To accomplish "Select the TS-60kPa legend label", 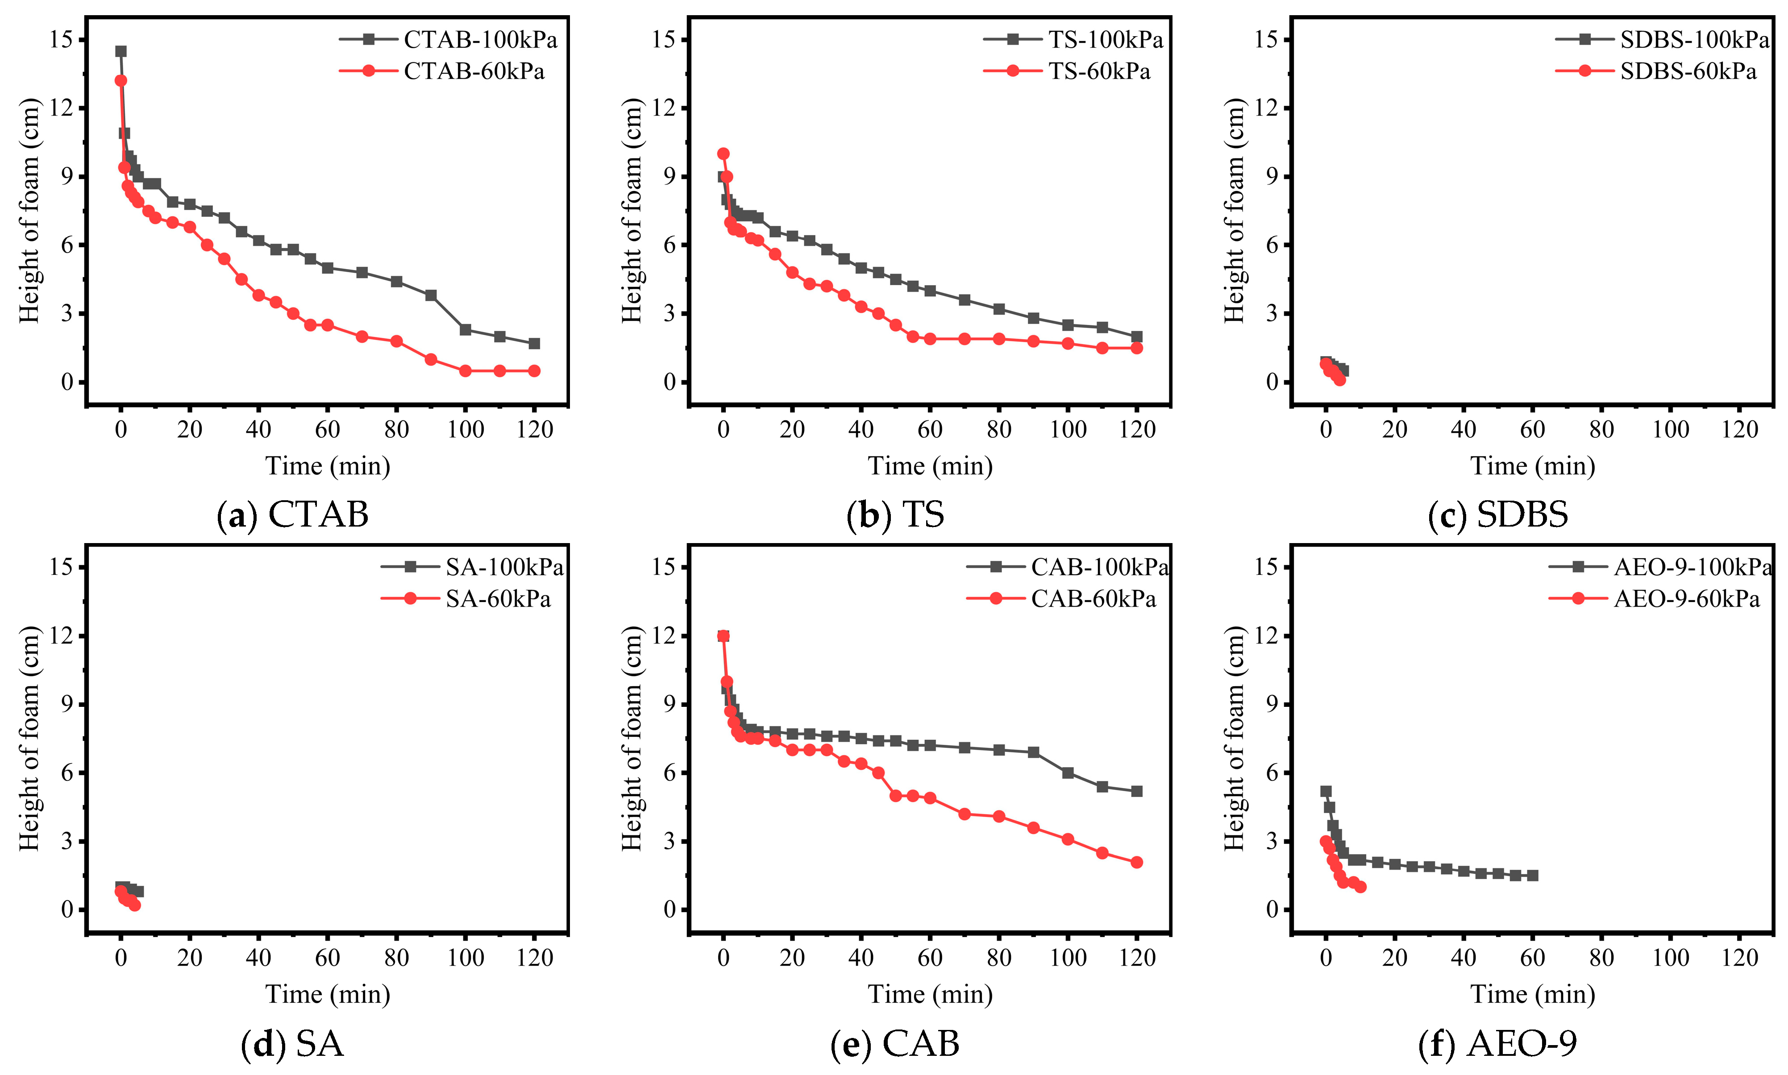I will tap(1098, 71).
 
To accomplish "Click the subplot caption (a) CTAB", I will tap(293, 515).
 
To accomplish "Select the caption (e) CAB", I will tap(895, 1044).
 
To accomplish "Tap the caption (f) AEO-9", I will tap(1497, 1044).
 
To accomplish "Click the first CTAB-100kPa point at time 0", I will tap(121, 51).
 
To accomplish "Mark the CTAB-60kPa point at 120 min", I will tap(534, 371).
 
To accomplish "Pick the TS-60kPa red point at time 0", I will tap(723, 154).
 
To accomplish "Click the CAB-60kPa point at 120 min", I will tap(1136, 862).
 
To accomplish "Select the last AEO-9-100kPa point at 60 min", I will tap(1532, 876).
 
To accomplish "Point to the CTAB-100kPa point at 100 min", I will tap(465, 330).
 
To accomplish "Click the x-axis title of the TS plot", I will tap(930, 466).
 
